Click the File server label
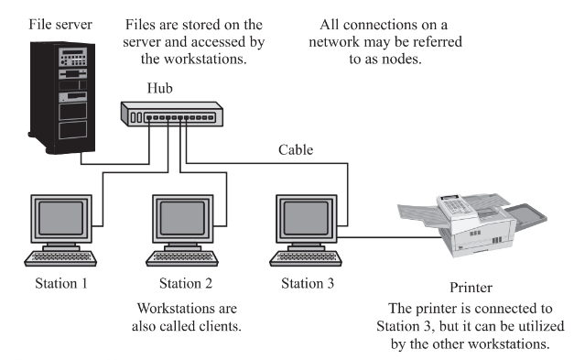click(60, 25)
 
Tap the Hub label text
click(159, 88)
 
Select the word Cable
click(296, 150)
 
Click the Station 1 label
click(61, 283)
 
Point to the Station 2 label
click(186, 283)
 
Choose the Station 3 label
click(308, 283)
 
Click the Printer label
click(471, 288)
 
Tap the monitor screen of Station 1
click(61, 218)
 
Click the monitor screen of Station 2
click(182, 218)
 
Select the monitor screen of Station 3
click(306, 218)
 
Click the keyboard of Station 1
click(60, 258)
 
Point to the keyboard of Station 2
click(182, 258)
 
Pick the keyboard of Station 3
click(306, 258)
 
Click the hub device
click(172, 115)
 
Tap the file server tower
click(62, 98)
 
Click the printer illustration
click(472, 224)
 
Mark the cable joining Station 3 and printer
click(389, 237)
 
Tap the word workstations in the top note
click(205, 59)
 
